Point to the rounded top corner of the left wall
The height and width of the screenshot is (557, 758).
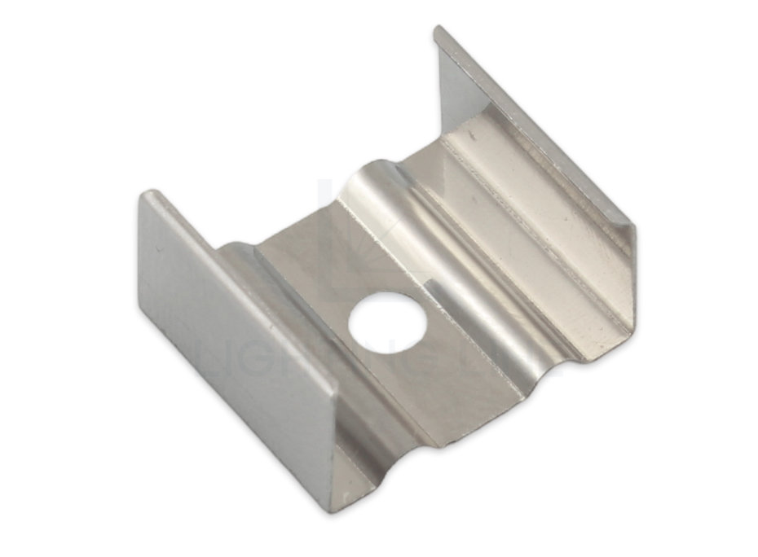click(x=149, y=196)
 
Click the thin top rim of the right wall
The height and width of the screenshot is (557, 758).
click(x=538, y=130)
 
